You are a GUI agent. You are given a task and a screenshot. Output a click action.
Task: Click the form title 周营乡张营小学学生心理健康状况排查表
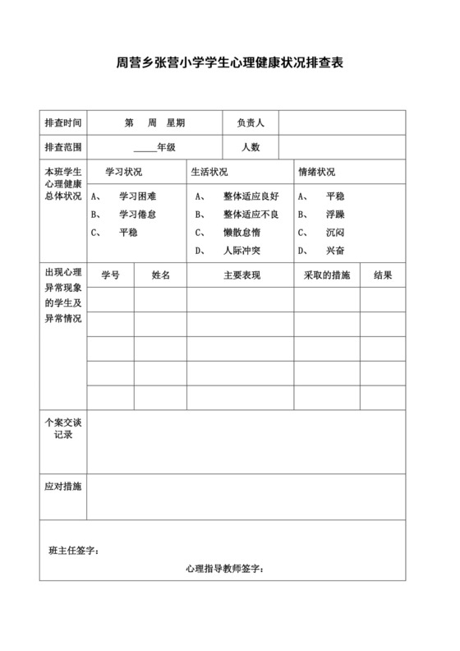pos(229,63)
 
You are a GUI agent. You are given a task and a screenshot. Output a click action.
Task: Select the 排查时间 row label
pos(62,122)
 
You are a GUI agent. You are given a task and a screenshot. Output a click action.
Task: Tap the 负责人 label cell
pos(250,122)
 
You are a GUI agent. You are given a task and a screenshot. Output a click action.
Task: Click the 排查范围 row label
pos(62,147)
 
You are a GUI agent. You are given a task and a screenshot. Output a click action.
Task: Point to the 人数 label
pos(250,147)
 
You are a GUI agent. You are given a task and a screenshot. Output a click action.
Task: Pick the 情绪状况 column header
pos(316,173)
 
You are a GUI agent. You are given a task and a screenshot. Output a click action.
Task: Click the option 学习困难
pos(137,196)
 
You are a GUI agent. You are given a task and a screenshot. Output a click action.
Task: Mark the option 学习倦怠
pos(137,215)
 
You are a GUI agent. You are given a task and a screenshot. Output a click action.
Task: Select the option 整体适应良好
pos(251,196)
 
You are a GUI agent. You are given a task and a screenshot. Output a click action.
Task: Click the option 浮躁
pos(335,215)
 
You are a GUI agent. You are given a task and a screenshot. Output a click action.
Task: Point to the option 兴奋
pos(335,251)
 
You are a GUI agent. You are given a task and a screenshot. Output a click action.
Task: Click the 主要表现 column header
pos(241,275)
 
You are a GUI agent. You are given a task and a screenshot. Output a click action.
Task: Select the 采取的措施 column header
pos(327,275)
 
